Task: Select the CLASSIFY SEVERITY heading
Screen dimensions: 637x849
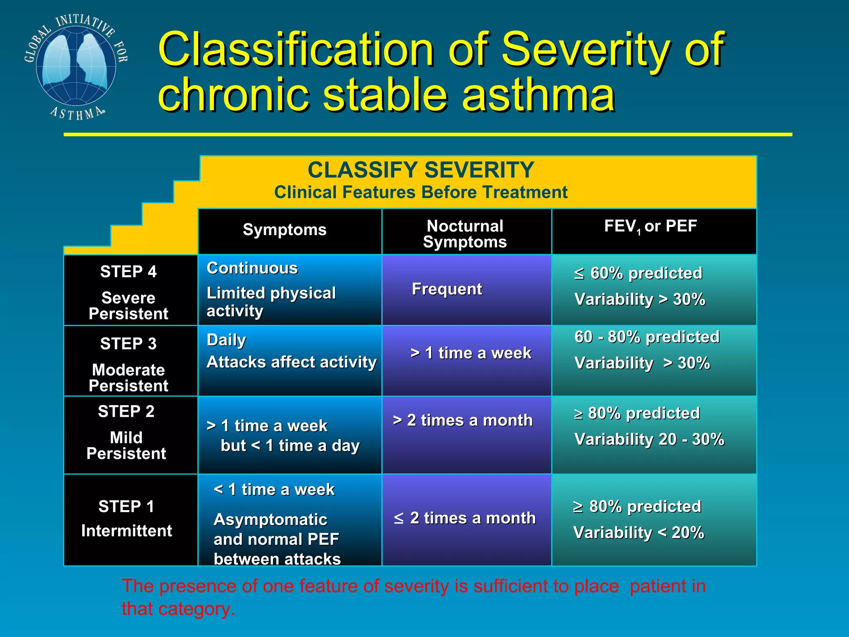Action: tap(420, 170)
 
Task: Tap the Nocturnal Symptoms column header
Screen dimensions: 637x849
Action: tap(465, 233)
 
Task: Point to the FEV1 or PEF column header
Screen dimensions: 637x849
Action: tap(650, 226)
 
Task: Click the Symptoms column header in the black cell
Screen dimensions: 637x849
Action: tap(284, 230)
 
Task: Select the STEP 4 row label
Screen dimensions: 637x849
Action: tap(128, 272)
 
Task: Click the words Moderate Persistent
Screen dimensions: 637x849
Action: tap(128, 377)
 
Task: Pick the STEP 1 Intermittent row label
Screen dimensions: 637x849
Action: tap(126, 518)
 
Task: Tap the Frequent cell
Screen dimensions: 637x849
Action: tap(446, 289)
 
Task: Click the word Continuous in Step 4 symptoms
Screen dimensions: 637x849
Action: tap(252, 268)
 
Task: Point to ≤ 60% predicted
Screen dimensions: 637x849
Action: tap(638, 273)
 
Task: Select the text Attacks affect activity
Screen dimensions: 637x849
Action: tap(291, 362)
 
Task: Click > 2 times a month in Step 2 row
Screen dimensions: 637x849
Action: tap(463, 420)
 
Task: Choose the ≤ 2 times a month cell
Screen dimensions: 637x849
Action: tap(464, 518)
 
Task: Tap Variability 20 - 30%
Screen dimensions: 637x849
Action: tap(649, 439)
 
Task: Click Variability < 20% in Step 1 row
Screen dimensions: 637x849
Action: tap(638, 532)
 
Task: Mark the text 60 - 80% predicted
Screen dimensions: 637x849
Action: tap(647, 337)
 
